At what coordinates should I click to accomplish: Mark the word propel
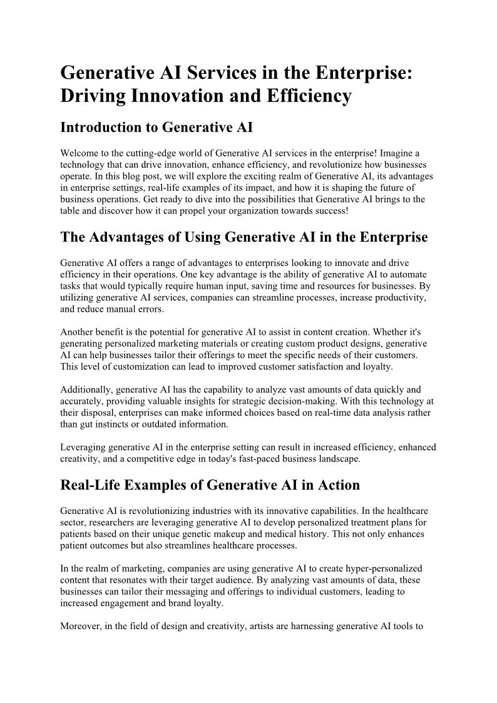pyautogui.click(x=252, y=210)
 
